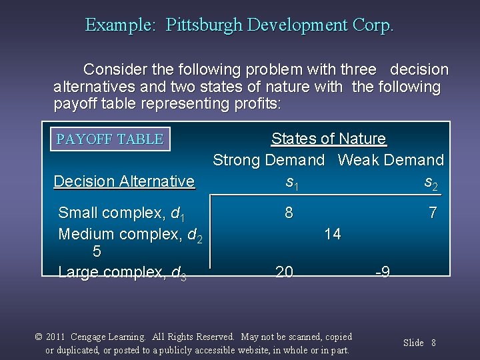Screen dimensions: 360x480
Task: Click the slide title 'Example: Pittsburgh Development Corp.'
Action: [239, 25]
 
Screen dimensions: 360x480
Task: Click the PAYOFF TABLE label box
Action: [110, 139]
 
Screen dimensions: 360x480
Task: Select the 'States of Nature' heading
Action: [328, 139]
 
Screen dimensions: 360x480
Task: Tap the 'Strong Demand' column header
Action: [269, 160]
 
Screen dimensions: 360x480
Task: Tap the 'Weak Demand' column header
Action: [391, 160]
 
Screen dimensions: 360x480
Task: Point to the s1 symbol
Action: [291, 182]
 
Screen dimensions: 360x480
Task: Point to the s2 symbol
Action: [431, 182]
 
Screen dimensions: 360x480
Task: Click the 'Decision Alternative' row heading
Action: [124, 181]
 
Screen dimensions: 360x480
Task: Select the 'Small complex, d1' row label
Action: [121, 213]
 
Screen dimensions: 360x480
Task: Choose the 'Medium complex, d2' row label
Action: [130, 235]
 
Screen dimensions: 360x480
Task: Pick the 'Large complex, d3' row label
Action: [122, 273]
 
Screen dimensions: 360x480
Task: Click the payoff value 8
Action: [289, 213]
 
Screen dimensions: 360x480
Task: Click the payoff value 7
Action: [433, 213]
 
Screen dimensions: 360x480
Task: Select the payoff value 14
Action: [332, 233]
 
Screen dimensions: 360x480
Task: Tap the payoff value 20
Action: [284, 271]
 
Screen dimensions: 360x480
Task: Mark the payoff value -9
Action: [382, 272]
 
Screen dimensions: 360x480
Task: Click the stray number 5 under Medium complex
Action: [97, 252]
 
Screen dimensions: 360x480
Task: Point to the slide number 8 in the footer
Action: [433, 343]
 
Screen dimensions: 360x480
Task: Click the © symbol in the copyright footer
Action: [39, 337]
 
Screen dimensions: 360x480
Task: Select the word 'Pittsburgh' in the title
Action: [204, 25]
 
